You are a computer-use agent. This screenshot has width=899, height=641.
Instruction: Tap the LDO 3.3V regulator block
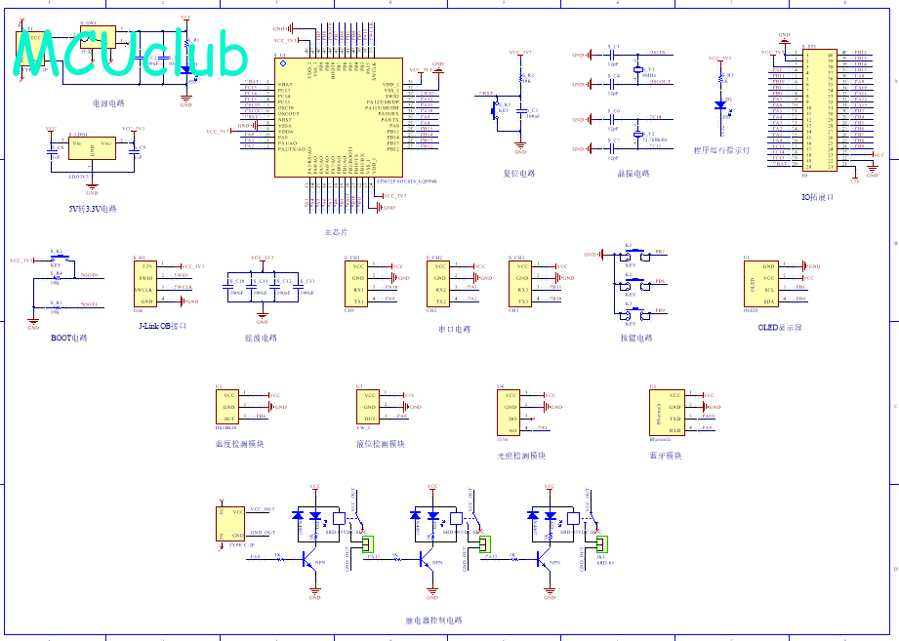click(x=92, y=149)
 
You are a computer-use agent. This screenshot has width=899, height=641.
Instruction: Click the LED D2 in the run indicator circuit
click(x=721, y=103)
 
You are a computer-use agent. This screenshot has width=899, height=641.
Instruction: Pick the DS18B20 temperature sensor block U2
click(x=227, y=406)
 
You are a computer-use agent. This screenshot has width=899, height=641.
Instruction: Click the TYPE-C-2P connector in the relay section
click(x=231, y=523)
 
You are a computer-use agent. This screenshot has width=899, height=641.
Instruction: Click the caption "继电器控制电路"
click(x=433, y=620)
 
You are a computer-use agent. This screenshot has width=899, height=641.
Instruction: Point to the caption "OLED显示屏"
click(x=780, y=328)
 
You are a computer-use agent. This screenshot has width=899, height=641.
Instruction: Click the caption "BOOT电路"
click(x=69, y=338)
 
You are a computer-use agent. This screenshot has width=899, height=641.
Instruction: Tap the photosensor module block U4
click(x=508, y=413)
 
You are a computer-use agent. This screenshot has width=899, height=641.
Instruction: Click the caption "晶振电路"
click(x=633, y=174)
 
